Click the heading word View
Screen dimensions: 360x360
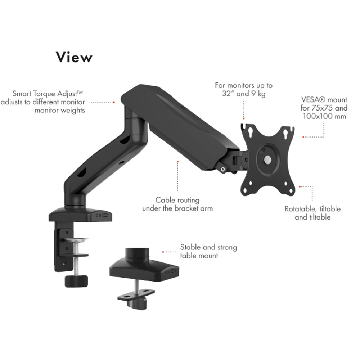click(74, 57)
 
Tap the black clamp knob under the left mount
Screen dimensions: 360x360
click(76, 280)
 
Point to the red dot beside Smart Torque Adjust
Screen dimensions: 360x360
click(114, 102)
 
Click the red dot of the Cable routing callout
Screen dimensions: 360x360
click(177, 162)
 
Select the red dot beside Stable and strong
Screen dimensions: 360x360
click(163, 252)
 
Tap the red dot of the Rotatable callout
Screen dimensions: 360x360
click(300, 186)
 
